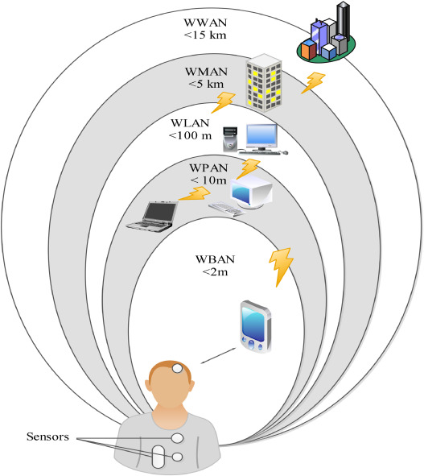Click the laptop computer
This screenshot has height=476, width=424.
coord(154,216)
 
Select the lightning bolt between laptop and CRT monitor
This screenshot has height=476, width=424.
coord(191,194)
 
